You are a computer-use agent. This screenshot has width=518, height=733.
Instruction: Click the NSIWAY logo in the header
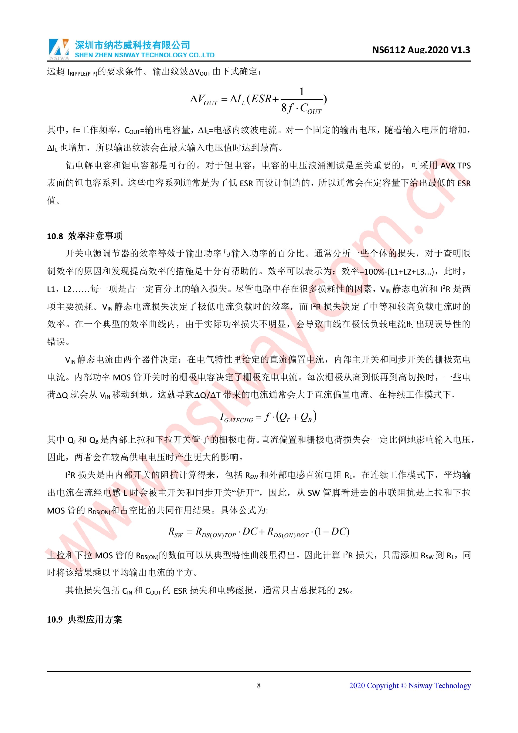click(x=59, y=49)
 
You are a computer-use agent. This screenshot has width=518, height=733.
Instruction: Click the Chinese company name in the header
click(x=133, y=45)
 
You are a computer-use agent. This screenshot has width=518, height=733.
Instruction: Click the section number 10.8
click(x=55, y=236)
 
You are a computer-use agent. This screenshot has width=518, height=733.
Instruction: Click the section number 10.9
click(x=54, y=619)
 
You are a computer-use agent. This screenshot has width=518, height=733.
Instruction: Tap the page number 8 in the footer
click(x=259, y=685)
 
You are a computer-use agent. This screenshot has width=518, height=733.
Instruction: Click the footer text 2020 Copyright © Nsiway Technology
click(x=410, y=685)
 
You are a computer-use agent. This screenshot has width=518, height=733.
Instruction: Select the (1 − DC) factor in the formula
click(x=332, y=532)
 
